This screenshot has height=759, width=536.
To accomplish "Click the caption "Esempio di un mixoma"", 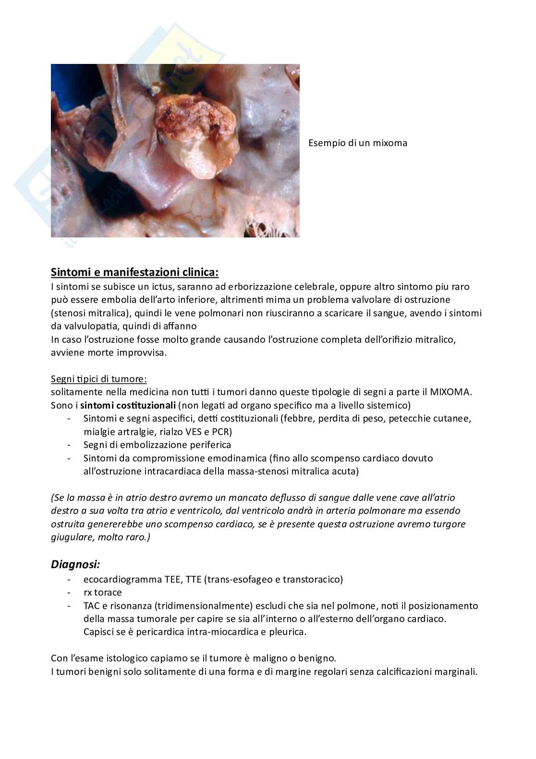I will [357, 143].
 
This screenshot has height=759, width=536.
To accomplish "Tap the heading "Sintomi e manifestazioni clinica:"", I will [134, 273].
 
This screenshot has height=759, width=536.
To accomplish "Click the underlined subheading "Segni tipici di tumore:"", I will [99, 379].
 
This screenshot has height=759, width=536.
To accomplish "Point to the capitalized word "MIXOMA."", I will [451, 392].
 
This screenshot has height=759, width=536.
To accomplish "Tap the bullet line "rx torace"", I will [102, 592].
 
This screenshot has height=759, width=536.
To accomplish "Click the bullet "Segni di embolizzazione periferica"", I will [157, 445].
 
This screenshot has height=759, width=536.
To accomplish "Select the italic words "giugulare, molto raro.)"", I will [100, 537].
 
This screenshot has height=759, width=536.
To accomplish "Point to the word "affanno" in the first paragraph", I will [182, 326].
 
